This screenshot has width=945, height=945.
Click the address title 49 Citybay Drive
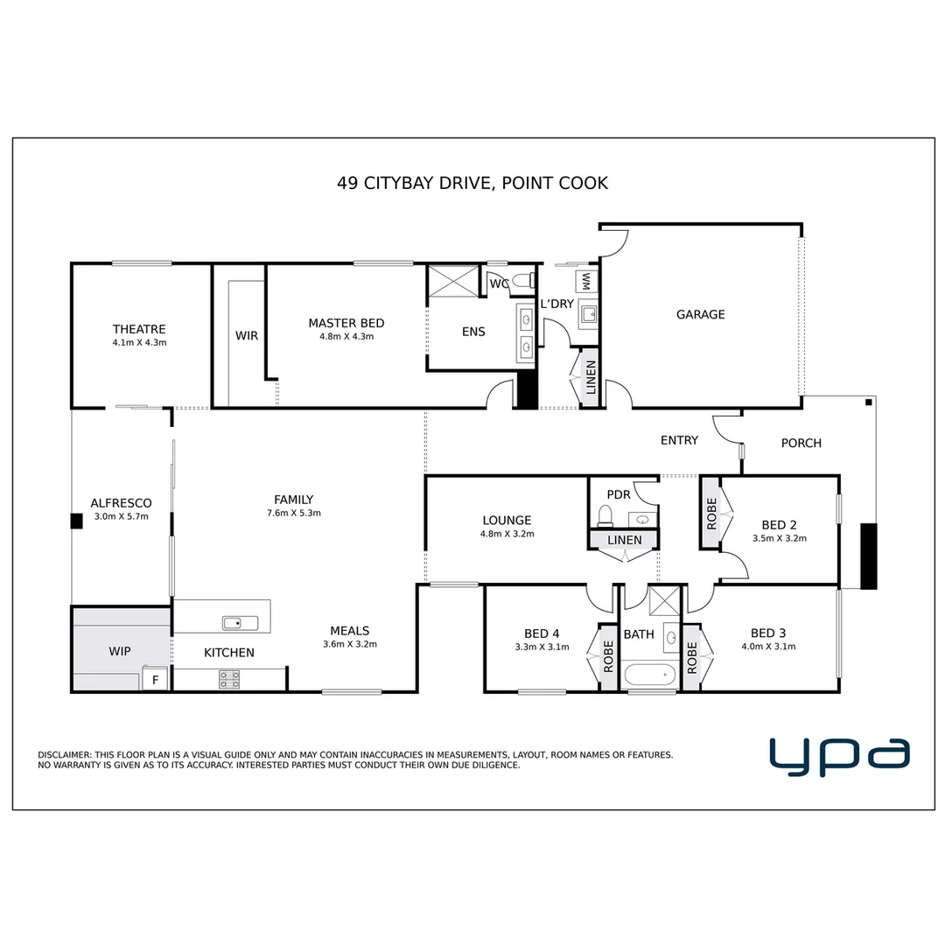472,183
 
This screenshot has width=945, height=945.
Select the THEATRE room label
139,329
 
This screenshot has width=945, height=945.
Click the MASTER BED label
346,323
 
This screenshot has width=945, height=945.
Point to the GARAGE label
700,314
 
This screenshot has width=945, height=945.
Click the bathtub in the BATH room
648,675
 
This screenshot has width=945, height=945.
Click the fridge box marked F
156,680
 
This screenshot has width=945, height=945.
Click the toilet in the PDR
605,515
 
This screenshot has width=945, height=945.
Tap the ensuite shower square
452,281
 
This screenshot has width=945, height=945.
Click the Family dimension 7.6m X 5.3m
293,513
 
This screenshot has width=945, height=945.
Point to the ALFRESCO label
121,503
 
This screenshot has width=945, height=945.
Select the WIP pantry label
120,652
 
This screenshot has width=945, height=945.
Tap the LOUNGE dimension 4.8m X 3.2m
507,533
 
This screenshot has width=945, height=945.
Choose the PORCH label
801,443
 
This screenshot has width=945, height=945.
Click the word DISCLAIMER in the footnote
64,754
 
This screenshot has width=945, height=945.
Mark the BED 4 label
542,633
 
